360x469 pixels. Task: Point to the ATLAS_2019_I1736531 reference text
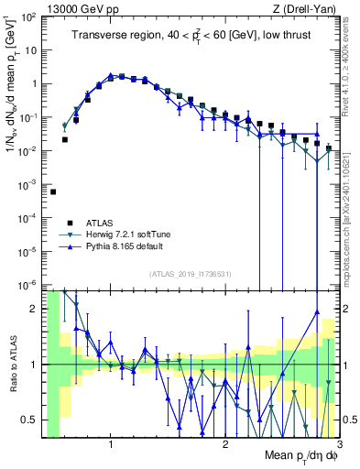pyautogui.click(x=189, y=273)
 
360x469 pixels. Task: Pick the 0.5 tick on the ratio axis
pyautogui.click(x=29, y=420)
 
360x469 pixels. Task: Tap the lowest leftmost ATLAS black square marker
pyautogui.click(x=53, y=192)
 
